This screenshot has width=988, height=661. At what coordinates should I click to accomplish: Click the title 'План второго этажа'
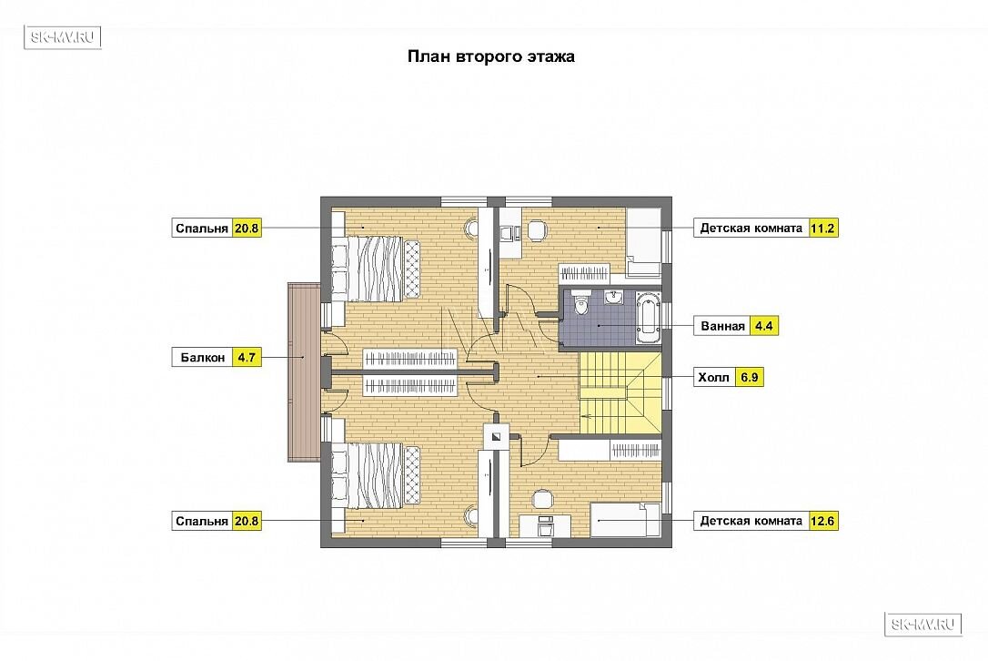tap(491, 56)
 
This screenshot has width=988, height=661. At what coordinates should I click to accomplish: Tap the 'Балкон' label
tap(202, 358)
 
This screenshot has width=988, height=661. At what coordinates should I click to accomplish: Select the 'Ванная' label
tap(722, 326)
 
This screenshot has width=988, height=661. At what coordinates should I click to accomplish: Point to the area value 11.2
tap(822, 228)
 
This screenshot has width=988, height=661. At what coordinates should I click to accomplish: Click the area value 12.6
tap(822, 521)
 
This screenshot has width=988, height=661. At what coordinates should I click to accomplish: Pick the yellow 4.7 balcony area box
tap(247, 358)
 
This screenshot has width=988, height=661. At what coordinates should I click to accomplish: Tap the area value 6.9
tap(750, 378)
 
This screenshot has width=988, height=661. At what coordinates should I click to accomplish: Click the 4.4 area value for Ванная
tap(763, 326)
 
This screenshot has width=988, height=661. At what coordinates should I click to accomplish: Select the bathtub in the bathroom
tap(647, 317)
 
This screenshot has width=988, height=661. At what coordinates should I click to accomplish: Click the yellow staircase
tap(620, 392)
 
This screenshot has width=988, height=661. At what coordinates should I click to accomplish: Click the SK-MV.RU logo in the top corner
tap(63, 37)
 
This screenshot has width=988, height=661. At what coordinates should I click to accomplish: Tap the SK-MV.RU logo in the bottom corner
tap(923, 625)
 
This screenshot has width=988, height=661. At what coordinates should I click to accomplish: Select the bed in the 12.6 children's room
tap(625, 520)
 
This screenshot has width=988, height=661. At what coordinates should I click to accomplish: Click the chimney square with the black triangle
tap(496, 434)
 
